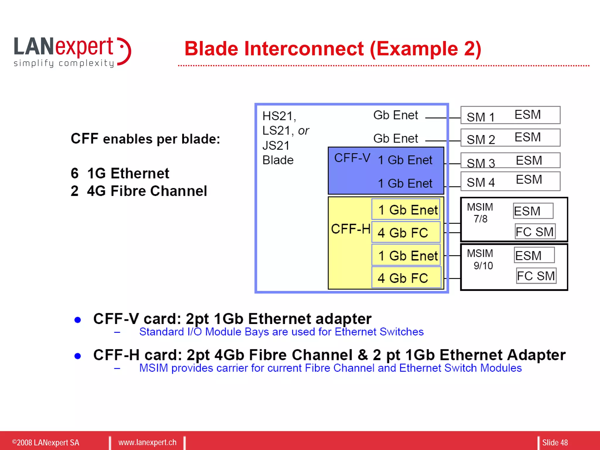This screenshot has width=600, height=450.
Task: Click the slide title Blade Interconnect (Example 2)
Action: pyautogui.click(x=333, y=49)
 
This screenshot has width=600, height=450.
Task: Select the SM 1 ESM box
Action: pyautogui.click(x=510, y=115)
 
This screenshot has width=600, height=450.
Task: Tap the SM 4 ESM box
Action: pyautogui.click(x=510, y=181)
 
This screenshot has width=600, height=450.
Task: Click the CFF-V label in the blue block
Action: pyautogui.click(x=352, y=158)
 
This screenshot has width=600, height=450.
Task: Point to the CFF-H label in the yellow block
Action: pyautogui.click(x=350, y=229)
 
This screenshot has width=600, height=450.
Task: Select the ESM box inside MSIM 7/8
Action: pyautogui.click(x=533, y=211)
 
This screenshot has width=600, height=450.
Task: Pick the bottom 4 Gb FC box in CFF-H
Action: pyautogui.click(x=406, y=278)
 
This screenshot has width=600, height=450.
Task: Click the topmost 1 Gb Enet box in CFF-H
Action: pyautogui.click(x=406, y=210)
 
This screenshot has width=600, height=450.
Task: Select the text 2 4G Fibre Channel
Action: pyautogui.click(x=139, y=191)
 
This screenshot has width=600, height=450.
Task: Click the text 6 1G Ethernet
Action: pyautogui.click(x=120, y=173)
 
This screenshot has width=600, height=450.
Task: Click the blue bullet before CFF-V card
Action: pyautogui.click(x=78, y=320)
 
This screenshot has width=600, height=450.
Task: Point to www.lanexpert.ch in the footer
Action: pyautogui.click(x=147, y=442)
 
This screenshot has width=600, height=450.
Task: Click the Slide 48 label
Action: pyautogui.click(x=555, y=442)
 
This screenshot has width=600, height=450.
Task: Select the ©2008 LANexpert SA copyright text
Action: pyautogui.click(x=46, y=442)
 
